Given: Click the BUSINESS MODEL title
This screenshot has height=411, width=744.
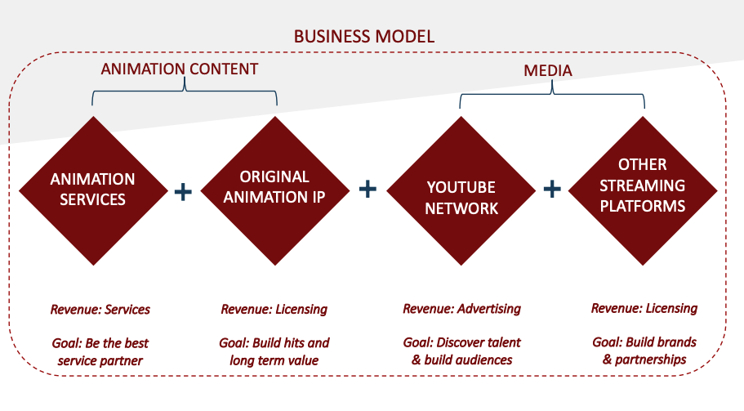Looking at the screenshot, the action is click(x=364, y=37).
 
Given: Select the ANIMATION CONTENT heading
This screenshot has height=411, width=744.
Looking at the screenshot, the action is click(x=180, y=69).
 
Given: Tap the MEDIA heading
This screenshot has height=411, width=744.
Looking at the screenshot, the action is click(x=547, y=71).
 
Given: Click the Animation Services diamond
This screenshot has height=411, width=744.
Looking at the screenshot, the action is click(x=93, y=190).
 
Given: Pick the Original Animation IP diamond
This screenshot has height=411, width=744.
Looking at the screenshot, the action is click(x=275, y=190).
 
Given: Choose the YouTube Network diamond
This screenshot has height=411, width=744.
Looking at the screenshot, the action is click(x=461, y=190).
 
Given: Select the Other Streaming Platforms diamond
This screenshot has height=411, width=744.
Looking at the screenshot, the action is click(x=643, y=190).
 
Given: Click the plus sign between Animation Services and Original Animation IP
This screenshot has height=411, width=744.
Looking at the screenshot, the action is click(x=183, y=192).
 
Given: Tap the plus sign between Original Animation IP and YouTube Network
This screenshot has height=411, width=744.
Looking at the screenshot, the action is click(x=368, y=190).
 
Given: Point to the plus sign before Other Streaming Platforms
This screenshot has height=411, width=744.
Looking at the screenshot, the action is click(x=552, y=190).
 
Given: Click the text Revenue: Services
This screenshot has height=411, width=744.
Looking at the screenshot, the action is click(x=100, y=310).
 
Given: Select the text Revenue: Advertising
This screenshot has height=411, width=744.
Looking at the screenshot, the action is click(x=461, y=309).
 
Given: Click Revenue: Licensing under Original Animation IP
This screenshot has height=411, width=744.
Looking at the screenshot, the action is click(x=274, y=310).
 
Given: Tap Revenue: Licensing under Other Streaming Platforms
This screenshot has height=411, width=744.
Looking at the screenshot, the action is click(x=644, y=309).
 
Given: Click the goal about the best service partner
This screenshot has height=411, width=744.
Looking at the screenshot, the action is click(x=100, y=351).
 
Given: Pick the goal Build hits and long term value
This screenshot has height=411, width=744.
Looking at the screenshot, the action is click(x=274, y=351).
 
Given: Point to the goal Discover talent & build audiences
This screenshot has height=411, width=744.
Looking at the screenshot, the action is click(x=461, y=351).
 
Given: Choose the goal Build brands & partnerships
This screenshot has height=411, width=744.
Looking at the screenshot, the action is click(x=644, y=351).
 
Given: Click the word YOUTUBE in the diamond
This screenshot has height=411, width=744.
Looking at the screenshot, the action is click(x=461, y=187).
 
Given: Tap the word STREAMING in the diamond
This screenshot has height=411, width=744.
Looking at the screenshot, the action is click(x=643, y=185).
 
